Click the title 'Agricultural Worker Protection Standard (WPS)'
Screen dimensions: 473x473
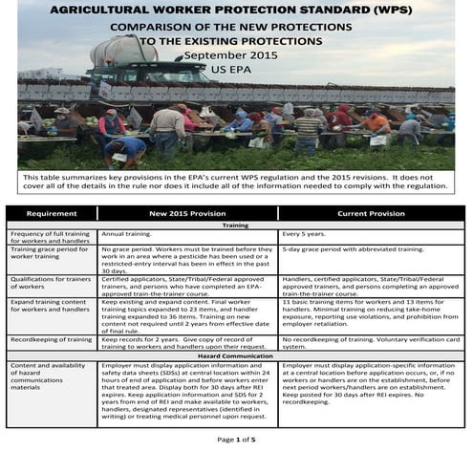[236, 10]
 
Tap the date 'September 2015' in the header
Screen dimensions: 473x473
[236, 56]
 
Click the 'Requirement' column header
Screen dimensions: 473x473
[51, 214]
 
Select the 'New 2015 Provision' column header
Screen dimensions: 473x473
[187, 214]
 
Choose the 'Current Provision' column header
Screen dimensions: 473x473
[371, 214]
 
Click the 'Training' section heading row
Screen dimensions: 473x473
[236, 226]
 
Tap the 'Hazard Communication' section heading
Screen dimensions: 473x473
[236, 355]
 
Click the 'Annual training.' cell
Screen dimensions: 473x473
[126, 234]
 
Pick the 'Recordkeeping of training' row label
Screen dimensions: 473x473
[52, 338]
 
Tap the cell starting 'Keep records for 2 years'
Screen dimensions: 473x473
[186, 342]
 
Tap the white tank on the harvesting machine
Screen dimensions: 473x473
[124, 50]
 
